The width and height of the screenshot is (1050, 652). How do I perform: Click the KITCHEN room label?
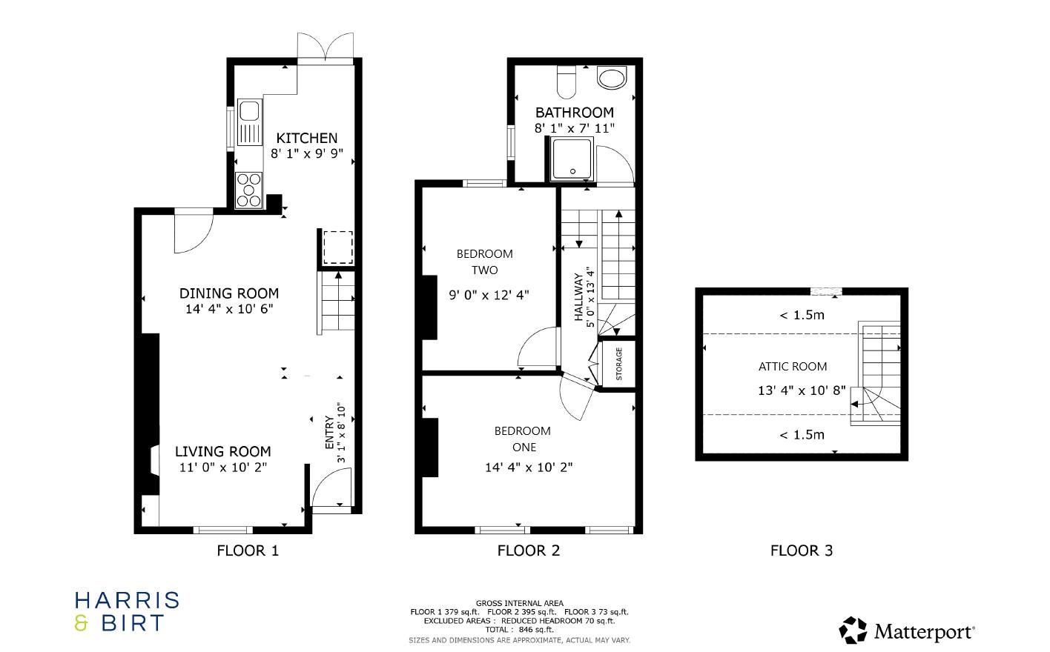click(x=306, y=138)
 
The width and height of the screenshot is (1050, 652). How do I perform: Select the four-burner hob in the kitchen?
click(x=249, y=190)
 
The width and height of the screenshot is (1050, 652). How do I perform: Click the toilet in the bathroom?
click(x=567, y=81)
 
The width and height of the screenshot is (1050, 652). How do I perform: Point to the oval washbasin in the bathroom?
click(x=612, y=78)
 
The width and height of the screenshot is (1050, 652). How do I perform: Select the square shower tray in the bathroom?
click(x=572, y=159)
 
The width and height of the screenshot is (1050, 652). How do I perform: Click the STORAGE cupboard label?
click(x=619, y=363)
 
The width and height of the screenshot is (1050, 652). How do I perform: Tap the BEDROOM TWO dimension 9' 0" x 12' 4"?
click(x=489, y=295)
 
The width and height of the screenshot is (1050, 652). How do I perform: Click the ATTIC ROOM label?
click(x=792, y=366)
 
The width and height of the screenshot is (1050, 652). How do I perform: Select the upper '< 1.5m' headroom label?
click(x=802, y=315)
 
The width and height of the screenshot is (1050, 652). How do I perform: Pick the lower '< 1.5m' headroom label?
click(x=802, y=435)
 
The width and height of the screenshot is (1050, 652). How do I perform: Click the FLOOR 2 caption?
click(x=528, y=550)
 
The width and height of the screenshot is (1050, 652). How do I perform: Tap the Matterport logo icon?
click(x=853, y=631)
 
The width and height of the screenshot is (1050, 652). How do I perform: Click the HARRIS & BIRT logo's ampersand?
click(x=82, y=623)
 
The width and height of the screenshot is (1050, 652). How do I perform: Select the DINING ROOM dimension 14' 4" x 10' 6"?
click(x=229, y=309)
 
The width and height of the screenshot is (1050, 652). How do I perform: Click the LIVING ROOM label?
click(x=222, y=451)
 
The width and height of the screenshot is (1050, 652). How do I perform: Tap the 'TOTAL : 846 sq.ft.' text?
click(x=519, y=630)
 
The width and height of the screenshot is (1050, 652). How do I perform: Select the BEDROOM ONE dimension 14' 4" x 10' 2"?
click(x=529, y=468)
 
